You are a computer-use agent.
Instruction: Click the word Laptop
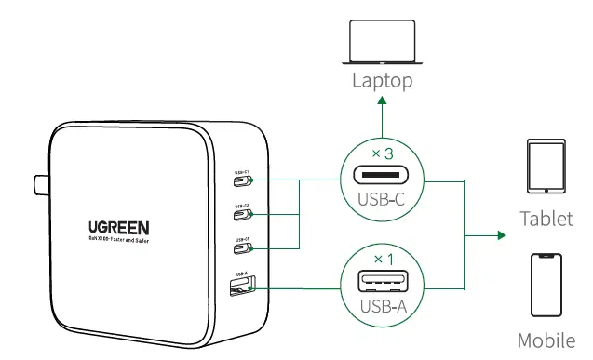tap(382, 80)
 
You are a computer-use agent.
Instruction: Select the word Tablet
tap(546, 220)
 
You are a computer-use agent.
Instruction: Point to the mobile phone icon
tap(546, 286)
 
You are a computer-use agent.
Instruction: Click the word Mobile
tap(546, 340)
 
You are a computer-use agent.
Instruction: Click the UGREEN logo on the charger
tap(119, 227)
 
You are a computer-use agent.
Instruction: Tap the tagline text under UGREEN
tap(119, 241)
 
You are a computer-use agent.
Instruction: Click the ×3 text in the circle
tap(383, 152)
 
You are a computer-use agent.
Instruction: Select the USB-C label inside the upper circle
tap(383, 199)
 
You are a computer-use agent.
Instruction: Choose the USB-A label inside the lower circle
tap(383, 305)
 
